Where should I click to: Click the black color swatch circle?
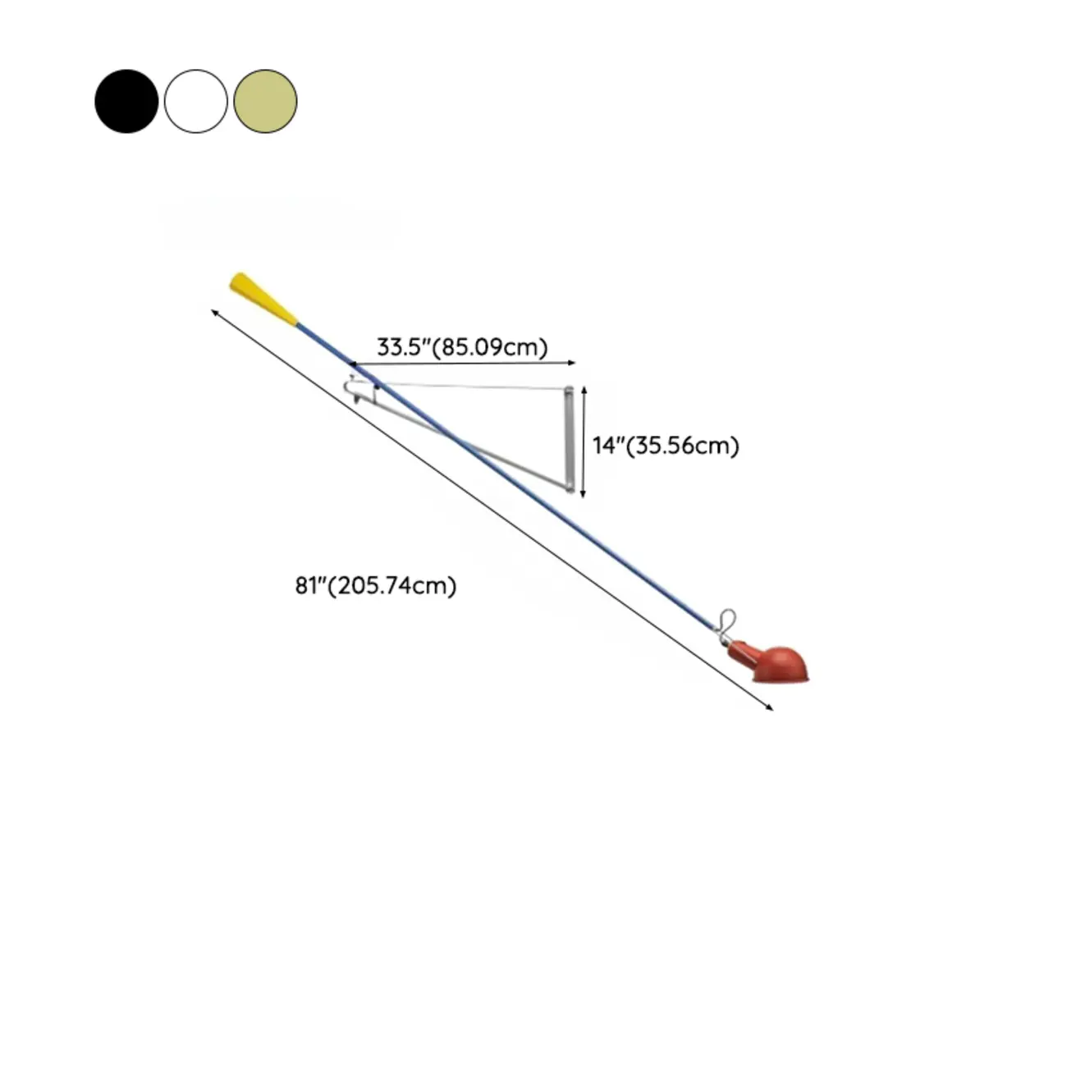tap(126, 101)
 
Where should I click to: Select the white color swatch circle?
tap(196, 101)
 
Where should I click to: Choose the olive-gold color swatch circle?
tap(265, 101)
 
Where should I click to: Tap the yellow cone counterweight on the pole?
tap(263, 298)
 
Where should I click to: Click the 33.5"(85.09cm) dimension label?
tap(462, 347)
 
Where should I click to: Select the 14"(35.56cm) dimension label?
tap(666, 445)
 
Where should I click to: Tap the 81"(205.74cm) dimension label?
tap(376, 585)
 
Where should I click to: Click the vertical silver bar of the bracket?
tap(570, 438)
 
